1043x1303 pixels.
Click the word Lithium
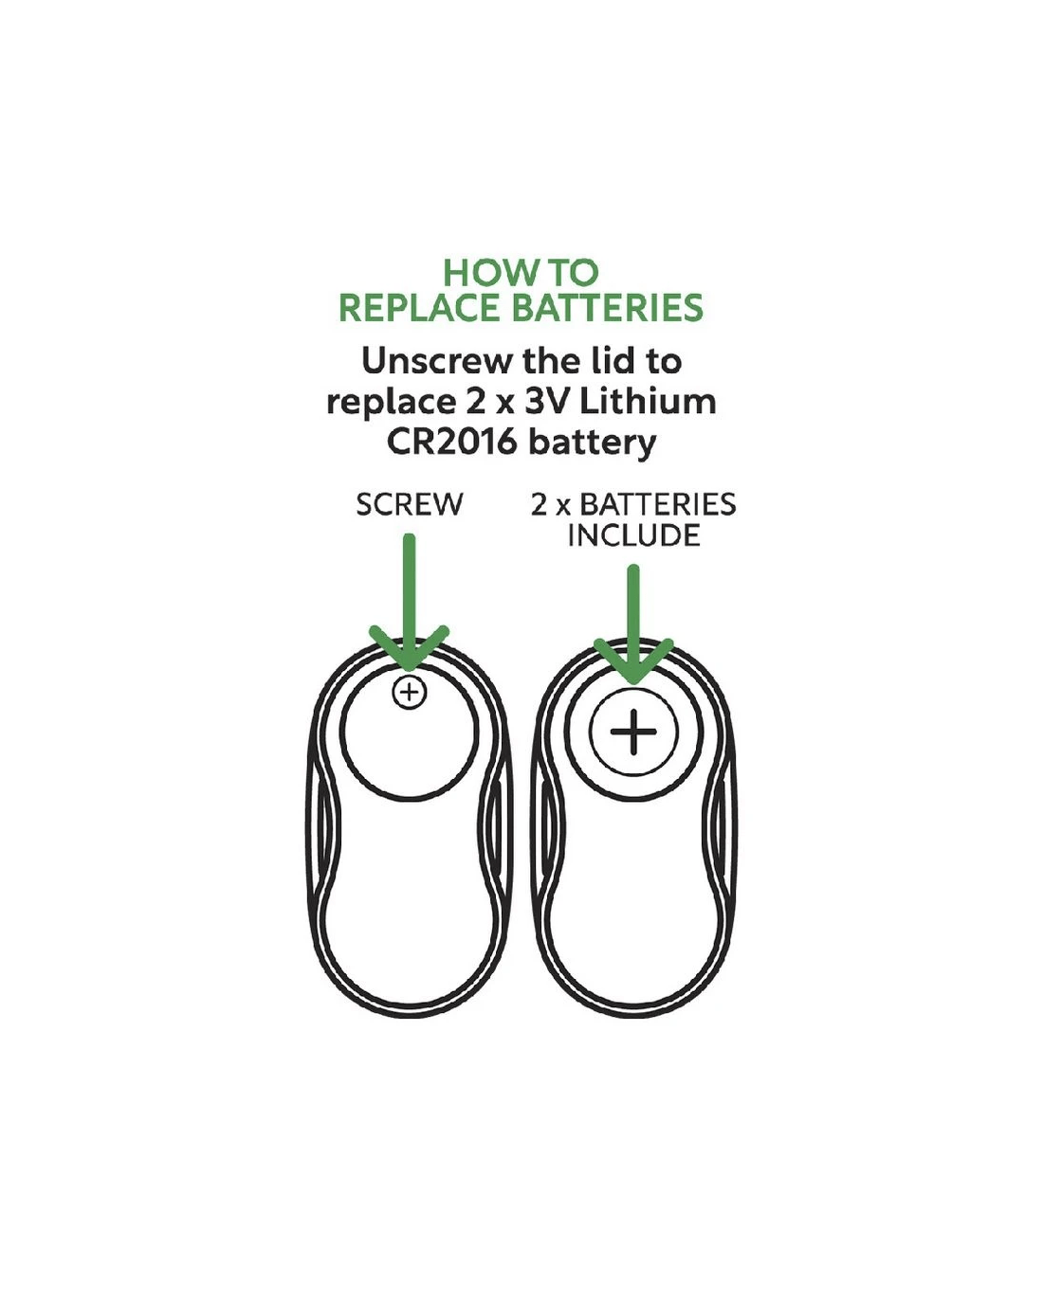(649, 402)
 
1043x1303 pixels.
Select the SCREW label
(410, 504)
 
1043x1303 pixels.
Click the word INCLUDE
(633, 535)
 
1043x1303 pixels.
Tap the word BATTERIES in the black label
(658, 504)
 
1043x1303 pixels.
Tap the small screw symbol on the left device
(410, 693)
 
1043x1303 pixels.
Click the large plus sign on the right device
(633, 733)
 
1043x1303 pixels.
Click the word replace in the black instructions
(391, 402)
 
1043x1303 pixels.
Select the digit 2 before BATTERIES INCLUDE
(539, 504)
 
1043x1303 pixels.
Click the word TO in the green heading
(571, 274)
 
